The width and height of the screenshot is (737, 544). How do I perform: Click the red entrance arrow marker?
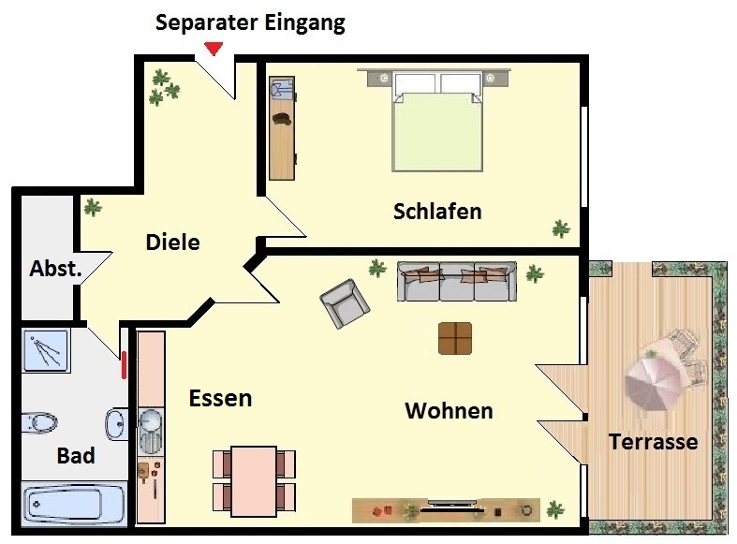point(214,49)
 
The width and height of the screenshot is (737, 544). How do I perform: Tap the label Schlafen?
point(437,212)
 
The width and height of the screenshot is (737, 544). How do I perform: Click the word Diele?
point(173,242)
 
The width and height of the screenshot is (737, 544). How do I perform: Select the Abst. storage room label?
point(55,268)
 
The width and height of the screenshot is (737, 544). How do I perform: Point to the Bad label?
point(76,455)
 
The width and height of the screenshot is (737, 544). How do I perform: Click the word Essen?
point(220,398)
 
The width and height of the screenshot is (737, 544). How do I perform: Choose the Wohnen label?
point(449,411)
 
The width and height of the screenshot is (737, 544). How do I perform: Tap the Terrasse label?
point(653,442)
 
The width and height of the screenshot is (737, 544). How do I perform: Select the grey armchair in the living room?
point(345,303)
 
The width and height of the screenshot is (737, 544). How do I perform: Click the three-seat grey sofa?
point(457,281)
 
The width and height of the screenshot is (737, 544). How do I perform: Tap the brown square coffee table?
point(455,338)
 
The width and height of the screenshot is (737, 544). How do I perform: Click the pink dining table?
point(254,480)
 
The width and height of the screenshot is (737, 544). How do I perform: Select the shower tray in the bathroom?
point(46,350)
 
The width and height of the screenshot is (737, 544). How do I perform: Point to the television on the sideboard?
point(451,507)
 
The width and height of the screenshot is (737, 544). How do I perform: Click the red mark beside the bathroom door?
point(125,365)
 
